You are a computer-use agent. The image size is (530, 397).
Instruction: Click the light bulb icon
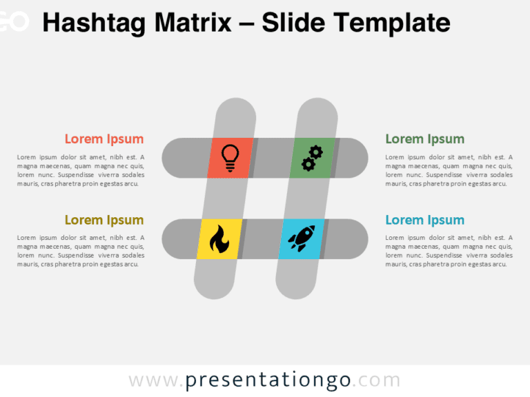229,158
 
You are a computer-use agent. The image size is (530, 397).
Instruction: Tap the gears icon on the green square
312,158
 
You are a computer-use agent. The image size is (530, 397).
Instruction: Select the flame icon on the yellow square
219,239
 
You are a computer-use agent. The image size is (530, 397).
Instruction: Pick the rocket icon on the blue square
302,238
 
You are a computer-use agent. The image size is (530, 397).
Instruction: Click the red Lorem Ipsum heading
104,139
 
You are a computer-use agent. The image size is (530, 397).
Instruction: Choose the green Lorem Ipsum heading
424,139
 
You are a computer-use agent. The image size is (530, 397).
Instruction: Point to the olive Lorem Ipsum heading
104,221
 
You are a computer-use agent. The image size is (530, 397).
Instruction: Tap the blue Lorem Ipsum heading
424,221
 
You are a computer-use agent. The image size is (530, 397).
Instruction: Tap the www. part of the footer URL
156,380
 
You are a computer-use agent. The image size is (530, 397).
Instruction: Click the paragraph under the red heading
81,170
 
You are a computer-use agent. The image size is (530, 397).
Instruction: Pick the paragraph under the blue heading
449,251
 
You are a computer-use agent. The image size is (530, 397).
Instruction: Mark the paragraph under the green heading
449,170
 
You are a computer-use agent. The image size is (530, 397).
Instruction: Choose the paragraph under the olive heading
81,251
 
